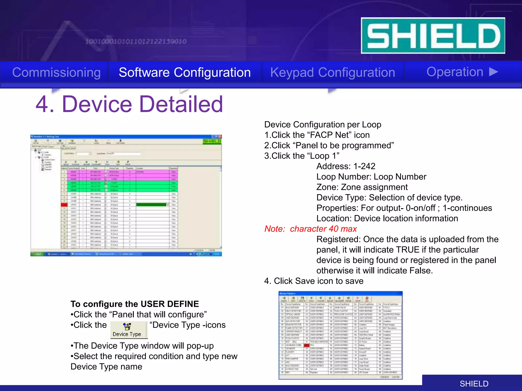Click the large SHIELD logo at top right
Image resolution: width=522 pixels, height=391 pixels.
433,36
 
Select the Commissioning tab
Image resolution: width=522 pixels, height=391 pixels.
56,73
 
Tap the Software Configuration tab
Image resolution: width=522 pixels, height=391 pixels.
185,73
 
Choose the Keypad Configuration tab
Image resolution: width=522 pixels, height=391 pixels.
333,73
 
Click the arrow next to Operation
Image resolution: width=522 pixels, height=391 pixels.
494,72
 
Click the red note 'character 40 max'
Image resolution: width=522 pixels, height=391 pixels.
323,229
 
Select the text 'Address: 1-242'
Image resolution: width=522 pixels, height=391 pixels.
346,166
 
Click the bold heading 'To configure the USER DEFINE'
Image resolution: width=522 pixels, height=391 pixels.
135,304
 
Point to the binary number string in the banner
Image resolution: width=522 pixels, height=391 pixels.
136,41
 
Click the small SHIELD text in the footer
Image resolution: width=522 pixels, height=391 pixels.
474,384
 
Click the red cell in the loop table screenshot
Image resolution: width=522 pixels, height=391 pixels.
64,205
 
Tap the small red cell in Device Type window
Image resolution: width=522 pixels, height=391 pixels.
307,345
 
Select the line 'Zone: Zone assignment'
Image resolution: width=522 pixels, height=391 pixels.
362,187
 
